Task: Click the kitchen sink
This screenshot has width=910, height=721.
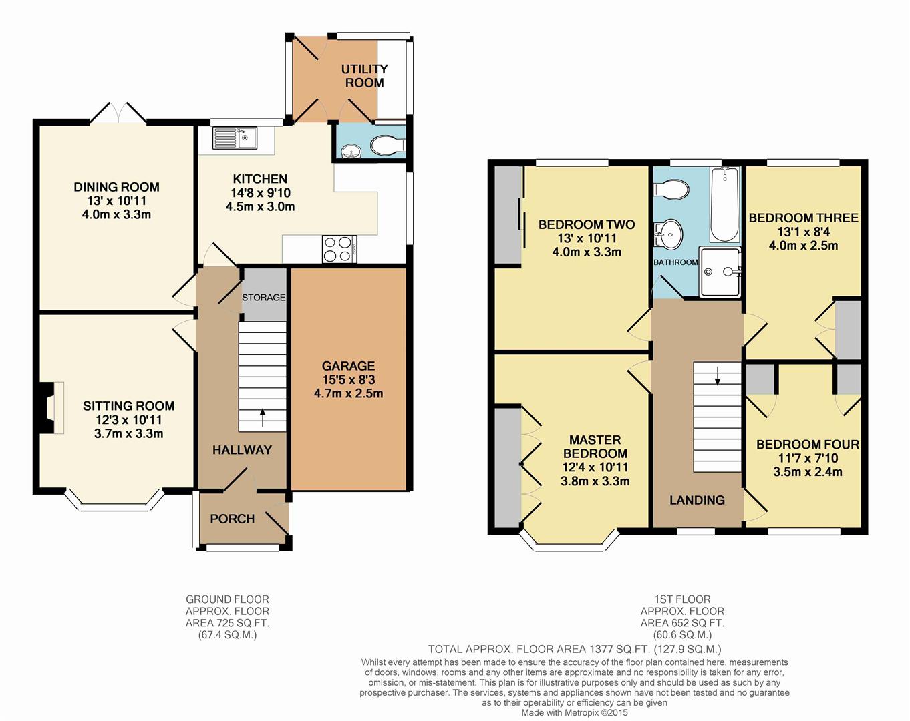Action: point(235,138)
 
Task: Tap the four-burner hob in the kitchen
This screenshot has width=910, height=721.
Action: point(339,249)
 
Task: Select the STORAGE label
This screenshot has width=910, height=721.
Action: point(263,298)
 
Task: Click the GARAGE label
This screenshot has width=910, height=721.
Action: point(349,366)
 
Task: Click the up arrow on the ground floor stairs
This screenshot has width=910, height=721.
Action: point(263,417)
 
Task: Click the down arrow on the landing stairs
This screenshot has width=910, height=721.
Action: point(717,376)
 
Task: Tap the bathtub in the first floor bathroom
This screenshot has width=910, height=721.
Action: point(725,205)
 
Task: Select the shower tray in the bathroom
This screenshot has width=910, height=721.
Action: point(720,272)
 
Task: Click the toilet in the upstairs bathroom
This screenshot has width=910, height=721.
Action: point(671,190)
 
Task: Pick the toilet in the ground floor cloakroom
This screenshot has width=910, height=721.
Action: point(388,145)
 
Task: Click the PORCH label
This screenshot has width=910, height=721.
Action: point(232,519)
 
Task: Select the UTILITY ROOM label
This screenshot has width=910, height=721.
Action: point(365,75)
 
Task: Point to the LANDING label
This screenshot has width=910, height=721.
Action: point(697,500)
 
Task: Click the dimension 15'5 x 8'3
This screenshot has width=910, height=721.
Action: point(349,379)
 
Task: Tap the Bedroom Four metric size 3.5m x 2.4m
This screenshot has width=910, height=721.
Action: point(808,471)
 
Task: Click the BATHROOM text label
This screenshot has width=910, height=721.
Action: point(675,262)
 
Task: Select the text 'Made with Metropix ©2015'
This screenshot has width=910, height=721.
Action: point(575,712)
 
